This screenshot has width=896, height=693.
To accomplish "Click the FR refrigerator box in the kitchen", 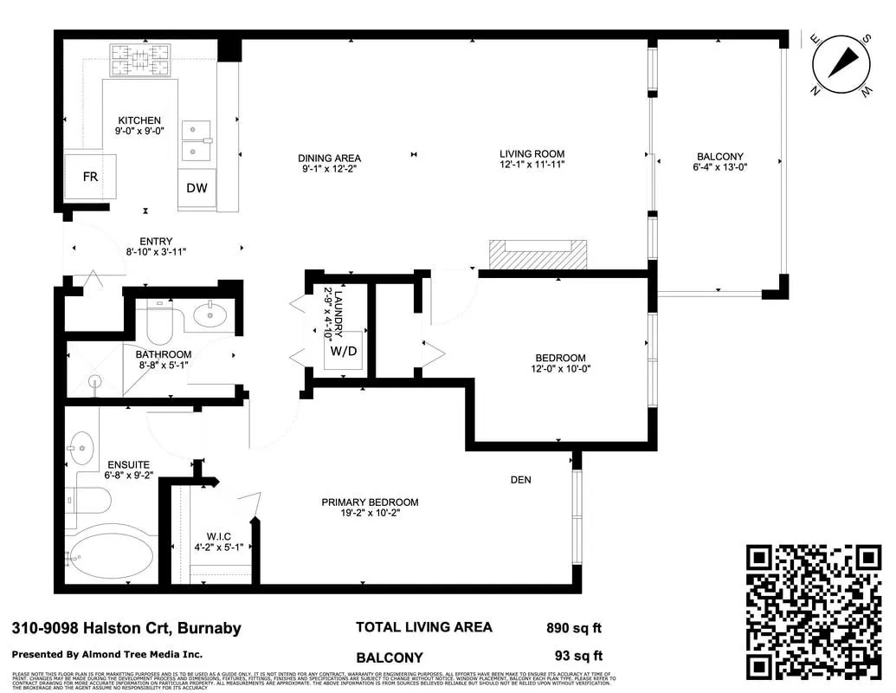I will point(90,177).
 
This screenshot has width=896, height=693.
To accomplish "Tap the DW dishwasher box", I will point(197,188).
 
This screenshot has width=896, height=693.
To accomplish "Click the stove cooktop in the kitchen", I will point(139,60).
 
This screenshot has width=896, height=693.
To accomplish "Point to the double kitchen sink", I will point(197,140).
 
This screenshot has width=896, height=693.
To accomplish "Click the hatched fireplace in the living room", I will point(538,254).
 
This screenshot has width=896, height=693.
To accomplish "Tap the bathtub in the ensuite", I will point(111,556).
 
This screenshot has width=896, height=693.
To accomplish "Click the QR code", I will point(814,612).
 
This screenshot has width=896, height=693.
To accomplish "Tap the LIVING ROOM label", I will point(532,153).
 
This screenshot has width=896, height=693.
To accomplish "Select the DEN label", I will point(520,480).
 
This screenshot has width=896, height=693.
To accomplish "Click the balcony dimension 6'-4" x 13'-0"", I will point(719,167).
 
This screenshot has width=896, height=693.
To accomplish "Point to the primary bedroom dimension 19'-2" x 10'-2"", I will point(370,513).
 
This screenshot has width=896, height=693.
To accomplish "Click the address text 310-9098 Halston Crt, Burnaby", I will point(126,629).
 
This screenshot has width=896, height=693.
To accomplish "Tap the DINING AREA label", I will point(329,158).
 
